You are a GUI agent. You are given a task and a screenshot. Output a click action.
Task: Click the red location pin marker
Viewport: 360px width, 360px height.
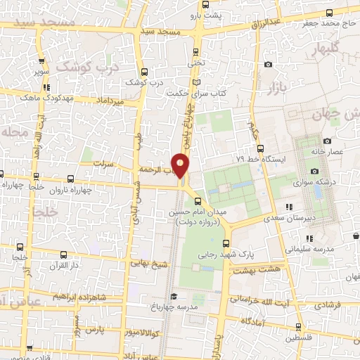(x=181, y=166)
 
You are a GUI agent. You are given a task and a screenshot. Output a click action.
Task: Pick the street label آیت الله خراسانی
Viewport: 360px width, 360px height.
(x=263, y=301)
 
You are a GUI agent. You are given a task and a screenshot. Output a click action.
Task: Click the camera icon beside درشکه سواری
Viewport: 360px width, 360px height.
(x=314, y=171)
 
